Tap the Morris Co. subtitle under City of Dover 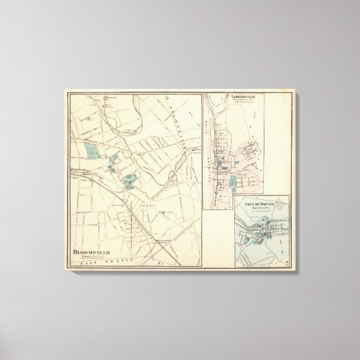[x=259, y=207]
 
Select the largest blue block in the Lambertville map [x=233, y=181]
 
